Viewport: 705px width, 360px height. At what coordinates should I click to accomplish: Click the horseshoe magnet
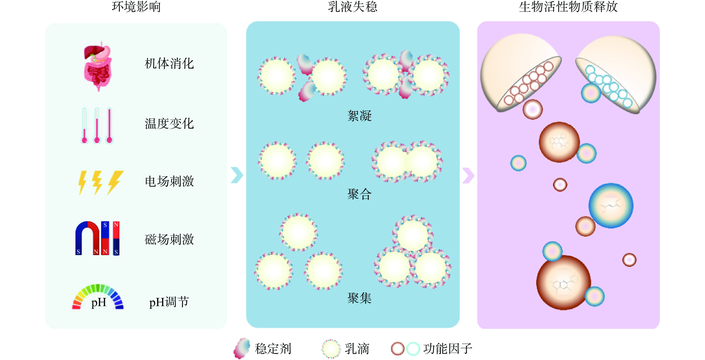click(88, 238)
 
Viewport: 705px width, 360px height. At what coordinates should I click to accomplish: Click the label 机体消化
click(169, 64)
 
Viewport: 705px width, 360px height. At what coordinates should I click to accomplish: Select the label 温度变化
click(169, 124)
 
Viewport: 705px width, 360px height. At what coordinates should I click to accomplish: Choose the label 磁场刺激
click(169, 239)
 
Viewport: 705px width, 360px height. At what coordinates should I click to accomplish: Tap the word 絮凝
click(359, 116)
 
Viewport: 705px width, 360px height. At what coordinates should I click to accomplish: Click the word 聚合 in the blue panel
click(359, 194)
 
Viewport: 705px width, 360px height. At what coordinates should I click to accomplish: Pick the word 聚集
click(359, 298)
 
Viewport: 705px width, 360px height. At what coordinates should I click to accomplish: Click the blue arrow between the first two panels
click(237, 175)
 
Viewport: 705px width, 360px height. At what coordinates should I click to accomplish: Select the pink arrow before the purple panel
click(468, 175)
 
